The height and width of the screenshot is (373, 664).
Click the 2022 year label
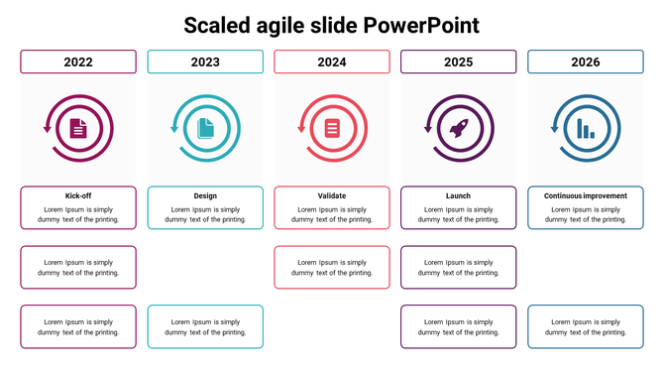[x=78, y=62]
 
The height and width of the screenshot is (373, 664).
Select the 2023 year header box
[x=205, y=62]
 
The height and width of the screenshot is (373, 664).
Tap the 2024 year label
[x=332, y=62]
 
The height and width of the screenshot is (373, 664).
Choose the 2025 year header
[x=458, y=62]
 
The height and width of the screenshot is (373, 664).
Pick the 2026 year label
[x=585, y=62]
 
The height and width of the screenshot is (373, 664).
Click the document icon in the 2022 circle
[x=78, y=128]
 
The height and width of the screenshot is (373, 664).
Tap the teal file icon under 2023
[x=205, y=128]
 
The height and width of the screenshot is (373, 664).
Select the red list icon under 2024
[x=332, y=128]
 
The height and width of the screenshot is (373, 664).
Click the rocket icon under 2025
[x=458, y=128]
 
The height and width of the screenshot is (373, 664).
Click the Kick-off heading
[x=78, y=196]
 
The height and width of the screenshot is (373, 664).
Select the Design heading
[x=205, y=196]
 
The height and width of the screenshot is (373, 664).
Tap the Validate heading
[x=332, y=196]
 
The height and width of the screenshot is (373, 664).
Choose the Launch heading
[x=458, y=196]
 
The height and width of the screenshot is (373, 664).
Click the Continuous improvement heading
[x=585, y=196]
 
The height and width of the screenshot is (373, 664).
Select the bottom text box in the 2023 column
[x=205, y=327]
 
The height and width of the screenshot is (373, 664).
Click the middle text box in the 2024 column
[x=332, y=268]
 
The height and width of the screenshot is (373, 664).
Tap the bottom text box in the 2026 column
[x=585, y=327]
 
